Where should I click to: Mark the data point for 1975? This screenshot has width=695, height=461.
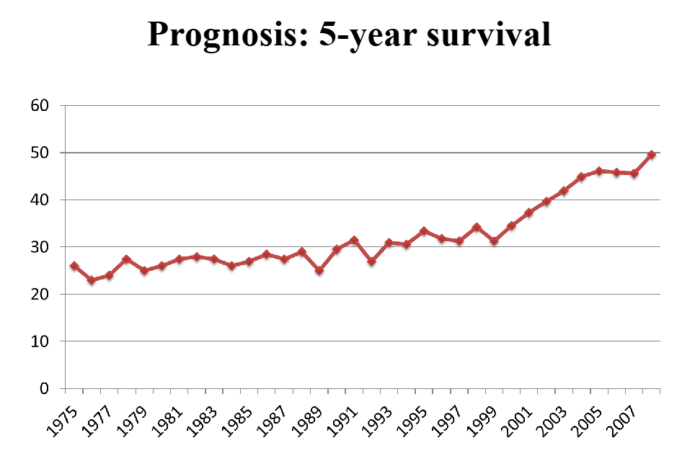tap(74, 266)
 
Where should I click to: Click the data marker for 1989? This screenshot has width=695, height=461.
tap(319, 271)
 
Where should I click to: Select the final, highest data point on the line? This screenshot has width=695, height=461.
tap(652, 155)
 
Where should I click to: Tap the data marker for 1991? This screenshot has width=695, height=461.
tap(354, 240)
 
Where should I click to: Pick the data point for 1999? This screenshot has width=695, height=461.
tap(494, 241)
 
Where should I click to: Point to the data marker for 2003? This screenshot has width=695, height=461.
tap(564, 191)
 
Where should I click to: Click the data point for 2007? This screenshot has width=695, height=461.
tap(634, 174)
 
